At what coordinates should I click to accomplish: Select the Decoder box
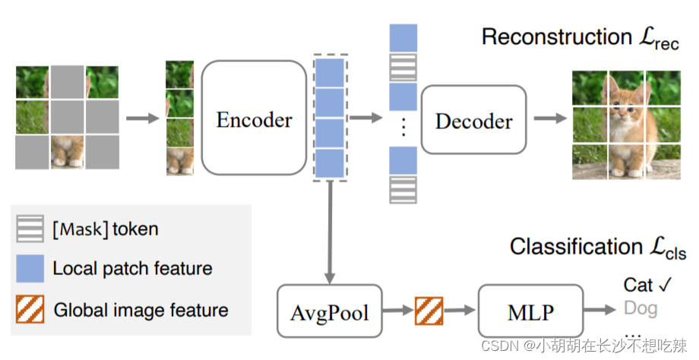(x=473, y=121)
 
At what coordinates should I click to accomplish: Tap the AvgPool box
(x=329, y=311)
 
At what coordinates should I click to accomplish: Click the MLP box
(x=530, y=311)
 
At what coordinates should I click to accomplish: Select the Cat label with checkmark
(x=648, y=285)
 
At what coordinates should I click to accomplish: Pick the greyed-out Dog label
(x=640, y=308)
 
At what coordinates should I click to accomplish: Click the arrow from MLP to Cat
(x=600, y=311)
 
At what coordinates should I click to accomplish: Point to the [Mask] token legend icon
(x=30, y=228)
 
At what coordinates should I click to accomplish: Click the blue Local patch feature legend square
(x=30, y=268)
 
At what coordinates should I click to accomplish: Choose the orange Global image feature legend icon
(x=30, y=310)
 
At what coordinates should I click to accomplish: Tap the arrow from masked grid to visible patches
(x=142, y=118)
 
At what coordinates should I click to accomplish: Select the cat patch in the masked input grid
(x=67, y=152)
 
